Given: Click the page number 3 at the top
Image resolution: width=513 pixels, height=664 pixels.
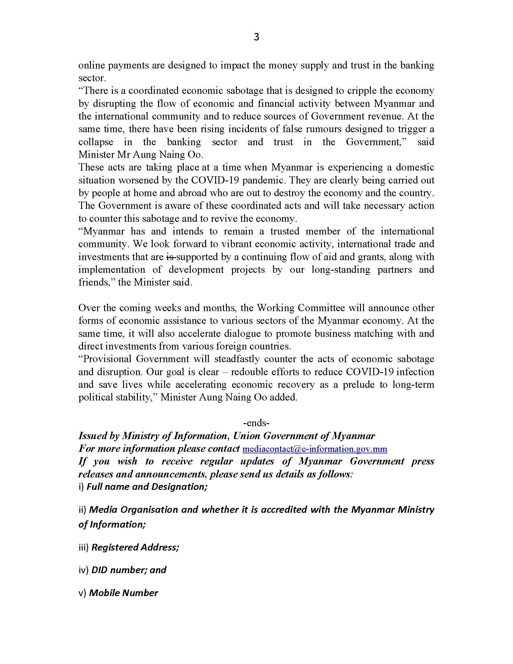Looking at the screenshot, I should coord(256,37).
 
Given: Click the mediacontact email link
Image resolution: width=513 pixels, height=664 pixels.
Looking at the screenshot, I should coord(314,449).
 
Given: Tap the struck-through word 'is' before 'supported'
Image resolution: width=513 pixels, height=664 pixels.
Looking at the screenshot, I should coord(170,257).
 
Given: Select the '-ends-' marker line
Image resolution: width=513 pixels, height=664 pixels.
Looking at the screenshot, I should coord(256,423).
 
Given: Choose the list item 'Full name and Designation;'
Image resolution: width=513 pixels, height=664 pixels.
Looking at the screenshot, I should coord(147,487).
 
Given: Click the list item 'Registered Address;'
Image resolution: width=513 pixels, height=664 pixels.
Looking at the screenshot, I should coord(135,547).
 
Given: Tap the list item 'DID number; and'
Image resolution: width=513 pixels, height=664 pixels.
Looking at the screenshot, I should coord(129,570).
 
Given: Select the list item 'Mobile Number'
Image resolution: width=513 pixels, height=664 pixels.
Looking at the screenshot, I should coord(124,593).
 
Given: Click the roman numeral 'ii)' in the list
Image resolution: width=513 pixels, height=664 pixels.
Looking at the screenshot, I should coord(83,509).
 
